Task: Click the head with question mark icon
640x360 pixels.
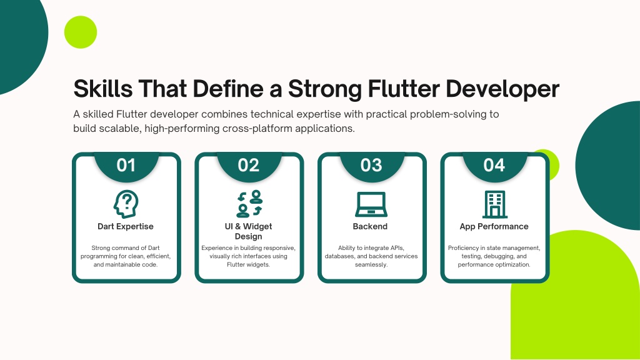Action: click(x=126, y=204)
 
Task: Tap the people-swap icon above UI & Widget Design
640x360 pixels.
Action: click(x=249, y=204)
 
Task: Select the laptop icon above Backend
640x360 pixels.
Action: click(x=371, y=204)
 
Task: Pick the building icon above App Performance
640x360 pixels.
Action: click(x=495, y=204)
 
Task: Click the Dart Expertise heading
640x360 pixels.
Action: click(x=125, y=226)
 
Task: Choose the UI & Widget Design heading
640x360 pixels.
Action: click(x=248, y=231)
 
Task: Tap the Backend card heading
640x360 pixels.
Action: click(x=370, y=226)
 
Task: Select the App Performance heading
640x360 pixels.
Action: click(x=494, y=226)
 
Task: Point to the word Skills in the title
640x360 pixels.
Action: click(x=103, y=89)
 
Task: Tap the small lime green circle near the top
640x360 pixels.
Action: click(x=81, y=32)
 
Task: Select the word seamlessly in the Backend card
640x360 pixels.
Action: click(x=371, y=264)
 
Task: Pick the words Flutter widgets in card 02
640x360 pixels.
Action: click(x=248, y=264)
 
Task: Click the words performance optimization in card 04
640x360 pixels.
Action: click(x=494, y=264)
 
